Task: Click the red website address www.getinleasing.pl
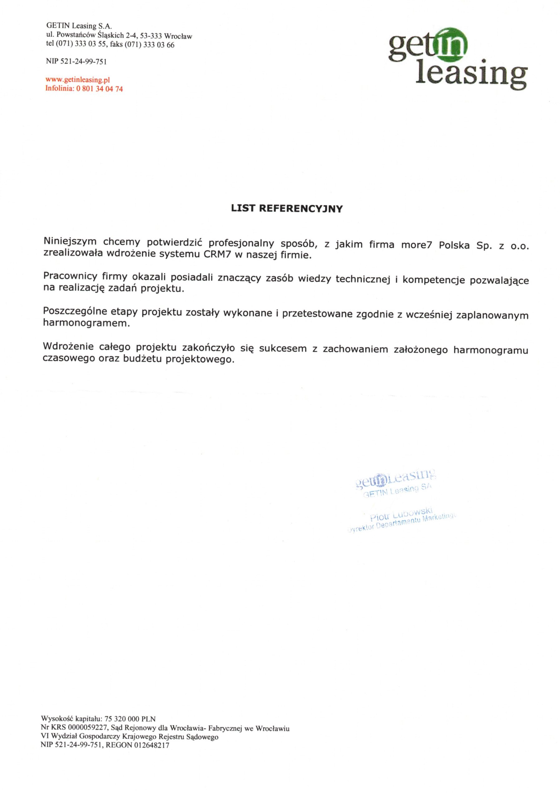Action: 78,80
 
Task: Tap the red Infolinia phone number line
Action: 84,89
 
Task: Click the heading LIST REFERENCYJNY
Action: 287,209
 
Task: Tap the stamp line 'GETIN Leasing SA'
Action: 397,491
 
